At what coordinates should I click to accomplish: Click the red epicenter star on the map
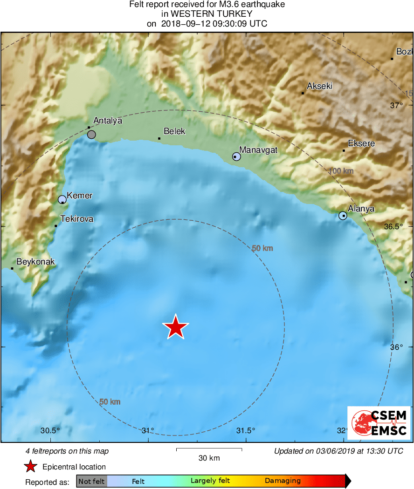[175, 327]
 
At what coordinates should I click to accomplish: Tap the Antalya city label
[108, 121]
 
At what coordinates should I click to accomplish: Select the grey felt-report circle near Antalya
[91, 135]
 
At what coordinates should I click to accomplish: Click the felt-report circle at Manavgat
[236, 157]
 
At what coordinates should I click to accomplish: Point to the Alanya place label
[361, 209]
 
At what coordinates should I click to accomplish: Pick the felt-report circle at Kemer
[62, 200]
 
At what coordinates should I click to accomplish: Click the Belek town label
[174, 131]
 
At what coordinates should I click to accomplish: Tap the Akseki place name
[319, 86]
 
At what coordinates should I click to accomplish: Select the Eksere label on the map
[361, 143]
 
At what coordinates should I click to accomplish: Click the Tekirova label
[77, 218]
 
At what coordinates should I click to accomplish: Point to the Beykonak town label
[35, 262]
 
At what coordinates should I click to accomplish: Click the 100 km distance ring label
[341, 171]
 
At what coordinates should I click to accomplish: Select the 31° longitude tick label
[148, 430]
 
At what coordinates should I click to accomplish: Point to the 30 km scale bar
[209, 449]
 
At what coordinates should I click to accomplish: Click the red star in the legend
[31, 467]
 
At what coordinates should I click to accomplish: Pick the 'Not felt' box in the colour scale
[91, 481]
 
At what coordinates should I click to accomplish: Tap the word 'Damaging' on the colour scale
[283, 481]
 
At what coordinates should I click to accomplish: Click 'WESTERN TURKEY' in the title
[207, 14]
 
